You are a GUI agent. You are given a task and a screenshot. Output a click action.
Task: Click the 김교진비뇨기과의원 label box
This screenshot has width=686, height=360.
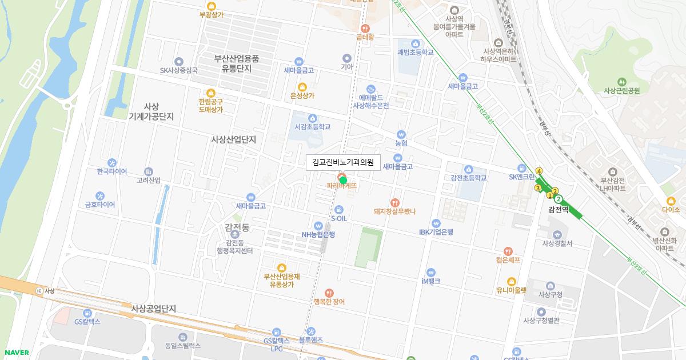343,162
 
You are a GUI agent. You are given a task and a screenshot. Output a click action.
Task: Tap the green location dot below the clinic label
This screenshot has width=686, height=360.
343,180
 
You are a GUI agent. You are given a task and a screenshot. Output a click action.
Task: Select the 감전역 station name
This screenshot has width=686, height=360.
559,210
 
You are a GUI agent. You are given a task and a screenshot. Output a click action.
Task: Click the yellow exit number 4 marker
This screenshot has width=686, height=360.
539,171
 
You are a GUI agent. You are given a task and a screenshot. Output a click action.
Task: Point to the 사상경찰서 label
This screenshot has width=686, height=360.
557,243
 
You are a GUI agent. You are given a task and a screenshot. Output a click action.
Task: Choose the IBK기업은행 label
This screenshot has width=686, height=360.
436,231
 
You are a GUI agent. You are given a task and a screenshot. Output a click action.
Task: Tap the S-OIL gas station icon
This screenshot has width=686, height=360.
339,209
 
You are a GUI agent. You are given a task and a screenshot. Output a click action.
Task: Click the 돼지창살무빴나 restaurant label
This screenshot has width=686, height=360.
394,211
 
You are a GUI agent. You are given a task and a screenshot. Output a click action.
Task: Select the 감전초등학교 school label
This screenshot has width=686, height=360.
468,178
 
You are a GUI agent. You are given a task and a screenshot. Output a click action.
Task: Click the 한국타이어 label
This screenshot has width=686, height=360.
112,171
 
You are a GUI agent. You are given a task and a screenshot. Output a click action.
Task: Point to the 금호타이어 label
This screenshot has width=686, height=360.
100,205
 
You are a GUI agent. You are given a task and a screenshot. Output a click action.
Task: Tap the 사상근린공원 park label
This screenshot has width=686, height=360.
621,90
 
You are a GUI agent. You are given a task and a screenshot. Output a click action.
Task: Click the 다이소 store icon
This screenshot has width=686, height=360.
671,200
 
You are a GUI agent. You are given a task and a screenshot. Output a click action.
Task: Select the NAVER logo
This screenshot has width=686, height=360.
17,353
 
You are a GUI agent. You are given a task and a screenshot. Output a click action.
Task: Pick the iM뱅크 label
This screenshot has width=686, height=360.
430,281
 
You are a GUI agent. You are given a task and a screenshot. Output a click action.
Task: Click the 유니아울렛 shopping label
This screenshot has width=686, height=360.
511,290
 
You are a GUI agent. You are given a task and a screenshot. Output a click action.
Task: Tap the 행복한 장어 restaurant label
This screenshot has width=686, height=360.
329,301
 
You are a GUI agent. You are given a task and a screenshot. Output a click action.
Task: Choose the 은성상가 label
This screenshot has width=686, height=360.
302,95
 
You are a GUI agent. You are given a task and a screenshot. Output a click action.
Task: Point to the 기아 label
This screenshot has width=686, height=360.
346,66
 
